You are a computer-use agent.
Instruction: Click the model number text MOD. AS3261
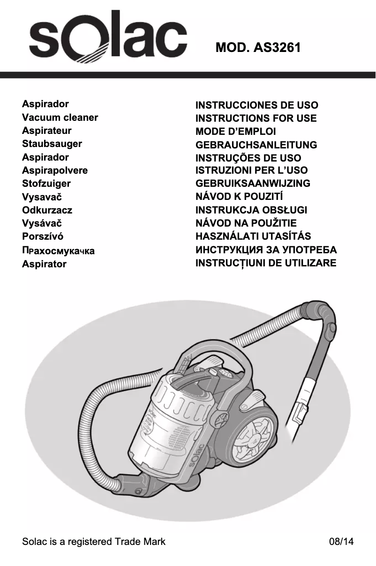tap(258, 47)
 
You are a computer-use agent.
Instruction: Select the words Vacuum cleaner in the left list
tap(60, 118)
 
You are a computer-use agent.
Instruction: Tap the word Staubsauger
tap(52, 144)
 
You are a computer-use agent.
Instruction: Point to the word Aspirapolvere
tap(55, 170)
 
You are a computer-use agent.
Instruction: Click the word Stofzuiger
tap(46, 184)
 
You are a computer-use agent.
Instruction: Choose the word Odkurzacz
tap(47, 210)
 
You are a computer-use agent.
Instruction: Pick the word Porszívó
tap(43, 236)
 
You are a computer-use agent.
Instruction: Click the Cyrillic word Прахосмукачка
tap(58, 251)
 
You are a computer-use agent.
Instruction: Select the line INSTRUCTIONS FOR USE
tap(256, 118)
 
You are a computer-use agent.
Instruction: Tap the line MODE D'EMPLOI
tap(236, 132)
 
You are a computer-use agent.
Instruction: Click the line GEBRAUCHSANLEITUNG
tap(256, 145)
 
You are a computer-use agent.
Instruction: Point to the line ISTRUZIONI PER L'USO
tap(252, 170)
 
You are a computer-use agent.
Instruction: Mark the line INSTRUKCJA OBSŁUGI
tap(251, 210)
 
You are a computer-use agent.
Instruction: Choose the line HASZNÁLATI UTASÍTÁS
tap(253, 236)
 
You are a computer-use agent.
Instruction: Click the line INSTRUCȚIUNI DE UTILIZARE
tap(266, 263)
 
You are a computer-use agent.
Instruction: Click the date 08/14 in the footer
tap(341, 542)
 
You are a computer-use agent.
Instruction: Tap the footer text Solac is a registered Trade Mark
tap(94, 542)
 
